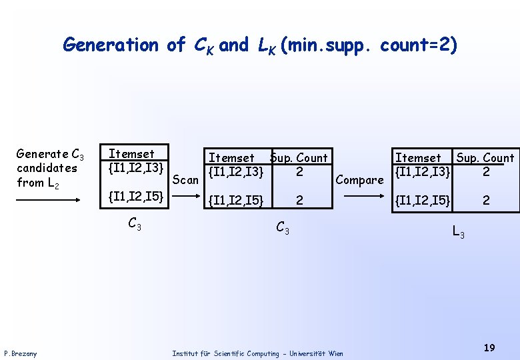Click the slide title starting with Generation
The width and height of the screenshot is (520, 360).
(x=260, y=45)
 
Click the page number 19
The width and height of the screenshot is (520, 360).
(x=489, y=347)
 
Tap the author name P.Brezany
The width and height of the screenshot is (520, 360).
(x=21, y=353)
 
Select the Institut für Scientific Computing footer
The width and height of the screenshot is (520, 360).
(x=257, y=353)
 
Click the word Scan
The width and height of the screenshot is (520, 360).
(x=185, y=180)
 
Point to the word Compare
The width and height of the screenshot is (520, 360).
(x=360, y=180)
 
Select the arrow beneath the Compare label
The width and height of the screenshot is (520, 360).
(x=360, y=197)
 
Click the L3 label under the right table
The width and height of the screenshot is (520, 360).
(x=459, y=232)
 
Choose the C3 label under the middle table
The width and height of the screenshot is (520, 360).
(x=283, y=228)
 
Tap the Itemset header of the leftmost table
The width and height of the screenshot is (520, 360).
(x=131, y=154)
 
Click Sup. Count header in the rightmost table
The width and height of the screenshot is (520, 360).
(x=485, y=158)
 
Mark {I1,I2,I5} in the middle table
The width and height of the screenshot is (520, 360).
(x=237, y=199)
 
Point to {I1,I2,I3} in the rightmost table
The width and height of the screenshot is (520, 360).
(x=423, y=171)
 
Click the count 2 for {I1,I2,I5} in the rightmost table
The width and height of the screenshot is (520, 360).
(x=486, y=199)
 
